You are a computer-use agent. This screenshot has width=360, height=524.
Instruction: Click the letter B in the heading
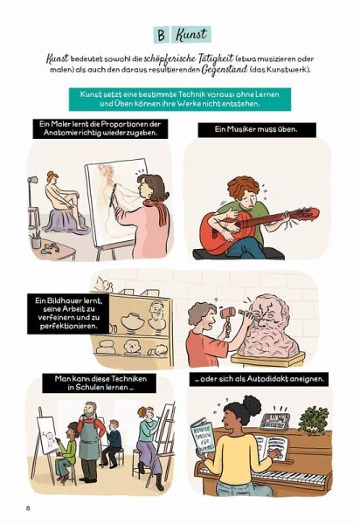(x=162, y=35)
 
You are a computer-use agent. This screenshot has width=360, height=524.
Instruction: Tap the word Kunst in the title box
(x=191, y=34)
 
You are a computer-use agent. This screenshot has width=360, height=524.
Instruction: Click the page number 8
(x=28, y=508)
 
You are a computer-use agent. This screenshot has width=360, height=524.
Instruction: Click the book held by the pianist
(x=203, y=437)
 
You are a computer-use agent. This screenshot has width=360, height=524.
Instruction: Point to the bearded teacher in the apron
(x=89, y=440)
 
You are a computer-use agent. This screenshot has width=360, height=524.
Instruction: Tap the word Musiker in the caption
(x=242, y=129)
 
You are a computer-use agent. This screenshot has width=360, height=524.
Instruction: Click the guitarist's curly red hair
(x=243, y=188)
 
